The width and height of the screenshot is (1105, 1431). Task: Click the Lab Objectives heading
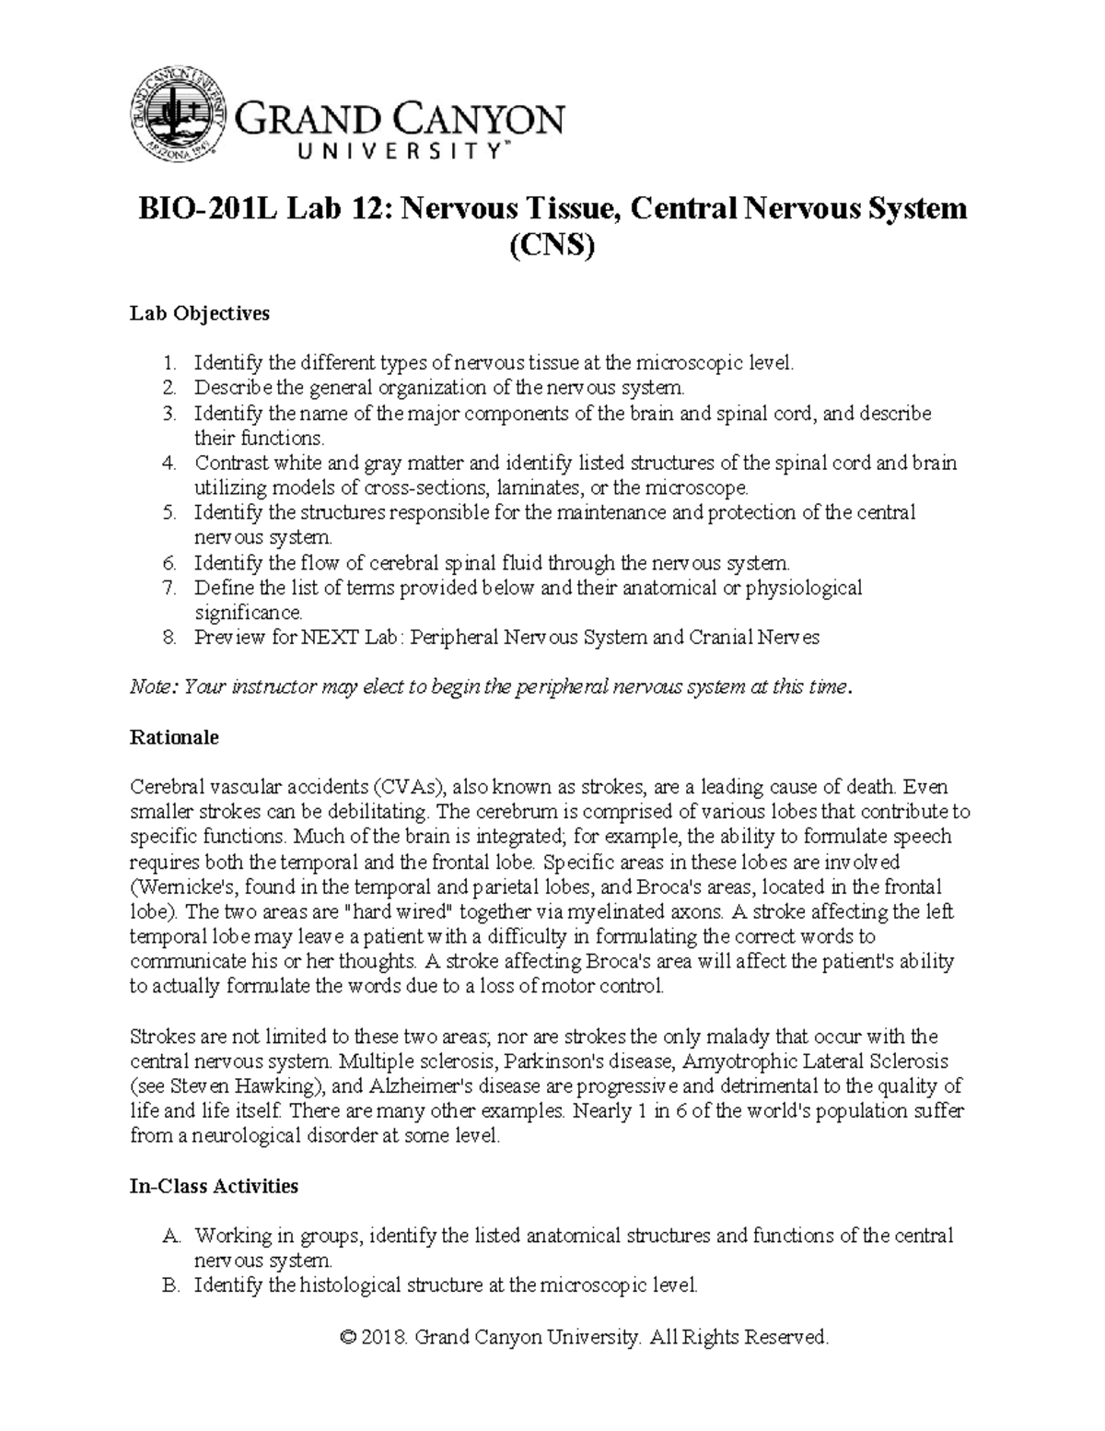click(x=200, y=313)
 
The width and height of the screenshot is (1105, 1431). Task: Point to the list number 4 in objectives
click(x=169, y=463)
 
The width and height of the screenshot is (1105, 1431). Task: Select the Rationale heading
click(x=174, y=737)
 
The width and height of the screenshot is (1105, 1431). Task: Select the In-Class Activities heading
click(x=214, y=1186)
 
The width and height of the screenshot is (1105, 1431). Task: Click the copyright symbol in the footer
click(x=347, y=1337)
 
